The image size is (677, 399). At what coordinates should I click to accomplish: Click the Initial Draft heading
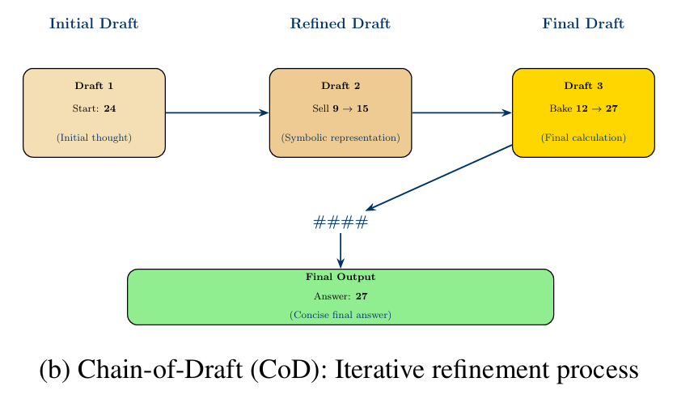click(94, 23)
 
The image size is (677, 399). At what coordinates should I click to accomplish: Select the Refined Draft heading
click(340, 23)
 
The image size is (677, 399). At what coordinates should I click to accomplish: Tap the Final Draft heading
click(582, 23)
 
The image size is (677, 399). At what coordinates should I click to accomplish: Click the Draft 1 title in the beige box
click(94, 86)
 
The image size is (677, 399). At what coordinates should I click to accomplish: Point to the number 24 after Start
click(110, 108)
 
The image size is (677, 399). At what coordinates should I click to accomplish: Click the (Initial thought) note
click(94, 138)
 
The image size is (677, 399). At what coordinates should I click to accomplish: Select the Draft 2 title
click(341, 86)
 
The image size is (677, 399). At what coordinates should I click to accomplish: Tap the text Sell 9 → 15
click(341, 108)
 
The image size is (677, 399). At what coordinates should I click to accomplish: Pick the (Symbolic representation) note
click(341, 138)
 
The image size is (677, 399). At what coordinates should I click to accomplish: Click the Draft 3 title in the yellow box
click(583, 86)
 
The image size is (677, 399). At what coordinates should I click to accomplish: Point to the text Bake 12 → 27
click(583, 108)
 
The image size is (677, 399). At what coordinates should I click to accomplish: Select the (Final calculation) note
click(583, 138)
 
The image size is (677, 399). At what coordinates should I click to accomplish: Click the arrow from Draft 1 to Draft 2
click(217, 112)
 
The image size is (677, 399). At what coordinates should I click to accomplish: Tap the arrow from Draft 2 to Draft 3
click(462, 112)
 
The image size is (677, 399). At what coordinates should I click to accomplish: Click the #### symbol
click(341, 223)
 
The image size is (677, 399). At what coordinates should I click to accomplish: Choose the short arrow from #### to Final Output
click(341, 249)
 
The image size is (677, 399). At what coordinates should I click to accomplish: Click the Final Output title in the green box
click(341, 277)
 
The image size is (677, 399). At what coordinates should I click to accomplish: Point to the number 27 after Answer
click(362, 296)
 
